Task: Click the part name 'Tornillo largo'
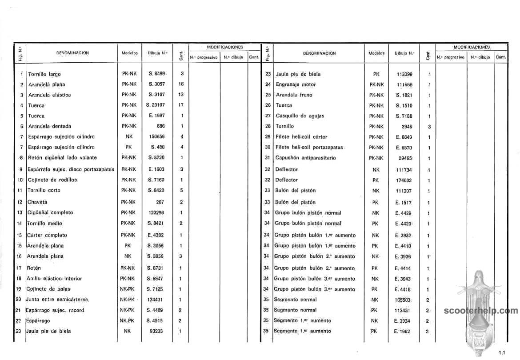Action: [x=44, y=74]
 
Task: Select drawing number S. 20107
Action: [x=155, y=105]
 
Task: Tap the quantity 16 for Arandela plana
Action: [x=181, y=84]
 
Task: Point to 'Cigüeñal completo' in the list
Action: [x=50, y=213]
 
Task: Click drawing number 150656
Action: [x=156, y=137]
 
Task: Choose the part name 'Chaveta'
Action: [x=38, y=202]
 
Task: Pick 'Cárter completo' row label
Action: [x=47, y=235]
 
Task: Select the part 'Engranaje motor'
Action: [x=296, y=84]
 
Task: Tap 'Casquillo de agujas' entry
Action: [x=300, y=116]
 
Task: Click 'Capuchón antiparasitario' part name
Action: [x=306, y=158]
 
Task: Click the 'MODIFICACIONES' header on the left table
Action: [x=225, y=47]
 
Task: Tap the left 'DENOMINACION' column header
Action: [x=72, y=53]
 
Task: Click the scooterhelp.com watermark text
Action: [x=480, y=311]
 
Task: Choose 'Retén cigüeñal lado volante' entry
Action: [x=62, y=158]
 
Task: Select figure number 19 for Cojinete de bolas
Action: [x=19, y=289]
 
